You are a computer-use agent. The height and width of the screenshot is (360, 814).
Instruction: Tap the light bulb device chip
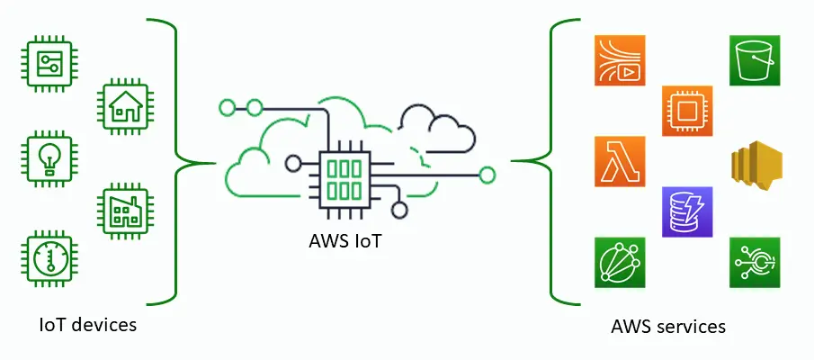coord(46,158)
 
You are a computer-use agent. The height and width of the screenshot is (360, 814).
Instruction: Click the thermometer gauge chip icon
coord(46,260)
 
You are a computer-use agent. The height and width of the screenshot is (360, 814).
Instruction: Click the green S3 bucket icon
coord(754,61)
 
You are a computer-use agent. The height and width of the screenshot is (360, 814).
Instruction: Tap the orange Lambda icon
coord(620,162)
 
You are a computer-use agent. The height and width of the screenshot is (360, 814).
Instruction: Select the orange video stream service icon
coord(620,61)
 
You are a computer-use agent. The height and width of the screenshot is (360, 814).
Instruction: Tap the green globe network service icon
coord(620,263)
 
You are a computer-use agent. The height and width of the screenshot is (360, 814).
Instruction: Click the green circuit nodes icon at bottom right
coord(754,263)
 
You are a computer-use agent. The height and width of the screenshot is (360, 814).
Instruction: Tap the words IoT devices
coord(88,324)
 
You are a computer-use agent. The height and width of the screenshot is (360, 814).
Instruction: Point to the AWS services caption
coord(668,326)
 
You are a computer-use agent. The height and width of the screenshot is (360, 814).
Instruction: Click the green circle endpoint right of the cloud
coord(488,175)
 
